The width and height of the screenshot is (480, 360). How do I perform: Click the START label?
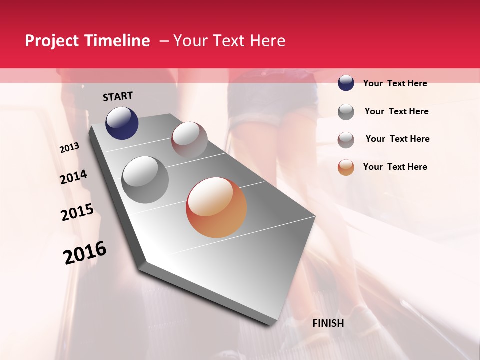118,96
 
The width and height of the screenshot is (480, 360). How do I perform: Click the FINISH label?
328,323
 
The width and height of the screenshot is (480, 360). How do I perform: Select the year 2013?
69,148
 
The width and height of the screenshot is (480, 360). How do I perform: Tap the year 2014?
73,177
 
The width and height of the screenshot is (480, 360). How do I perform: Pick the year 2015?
77,212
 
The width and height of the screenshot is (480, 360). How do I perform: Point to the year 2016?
85,253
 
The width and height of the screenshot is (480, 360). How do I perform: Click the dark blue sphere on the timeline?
122,123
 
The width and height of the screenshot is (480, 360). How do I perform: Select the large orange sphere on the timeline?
216,207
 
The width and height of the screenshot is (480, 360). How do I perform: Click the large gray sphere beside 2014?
145,179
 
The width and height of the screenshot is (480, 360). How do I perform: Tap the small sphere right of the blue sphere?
189,140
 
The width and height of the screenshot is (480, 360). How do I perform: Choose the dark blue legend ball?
346,83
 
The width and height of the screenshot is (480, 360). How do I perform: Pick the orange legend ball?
346,167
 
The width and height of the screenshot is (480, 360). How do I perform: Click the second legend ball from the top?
346,112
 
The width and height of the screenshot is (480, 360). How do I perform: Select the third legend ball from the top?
346,139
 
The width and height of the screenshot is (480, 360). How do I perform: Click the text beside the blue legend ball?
395,83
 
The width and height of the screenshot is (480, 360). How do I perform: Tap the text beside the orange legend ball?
395,167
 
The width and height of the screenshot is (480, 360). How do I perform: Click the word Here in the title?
267,41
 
